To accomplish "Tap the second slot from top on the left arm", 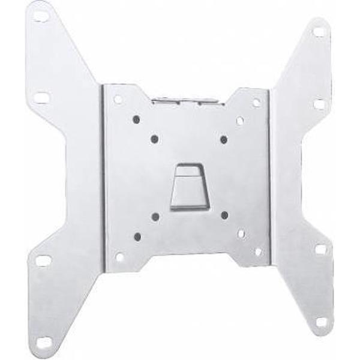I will point(41,97).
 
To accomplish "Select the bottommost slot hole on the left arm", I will point(44,342).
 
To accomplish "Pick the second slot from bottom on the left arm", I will point(44,261).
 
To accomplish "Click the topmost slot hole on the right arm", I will point(319,32).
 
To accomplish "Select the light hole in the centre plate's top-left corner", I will point(118,99).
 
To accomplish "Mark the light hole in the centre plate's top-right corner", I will point(256,103).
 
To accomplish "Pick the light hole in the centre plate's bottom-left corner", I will point(119,257).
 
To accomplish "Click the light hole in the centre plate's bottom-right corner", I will point(258,251).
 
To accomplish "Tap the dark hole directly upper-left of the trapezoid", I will point(154,139).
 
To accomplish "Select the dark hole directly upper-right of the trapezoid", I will point(224,139).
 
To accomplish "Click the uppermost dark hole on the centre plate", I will point(136,119).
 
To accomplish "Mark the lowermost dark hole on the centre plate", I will point(137,236).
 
